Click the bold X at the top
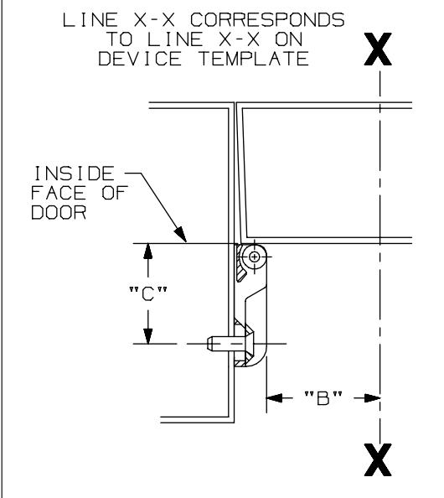point(378,49)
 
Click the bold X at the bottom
point(378,459)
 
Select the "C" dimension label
point(148,293)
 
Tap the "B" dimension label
point(323,398)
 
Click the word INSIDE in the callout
point(74,174)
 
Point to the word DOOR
point(59,212)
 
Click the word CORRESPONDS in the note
point(267,19)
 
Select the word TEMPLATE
point(254,59)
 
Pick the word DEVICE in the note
point(140,59)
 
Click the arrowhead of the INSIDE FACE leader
point(182,235)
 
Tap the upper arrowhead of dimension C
point(148,252)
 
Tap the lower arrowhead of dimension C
point(148,335)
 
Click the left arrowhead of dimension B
point(274,397)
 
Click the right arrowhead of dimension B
point(372,397)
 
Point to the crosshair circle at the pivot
point(254,257)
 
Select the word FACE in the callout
point(59,193)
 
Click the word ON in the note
point(289,39)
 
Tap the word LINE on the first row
point(90,19)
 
